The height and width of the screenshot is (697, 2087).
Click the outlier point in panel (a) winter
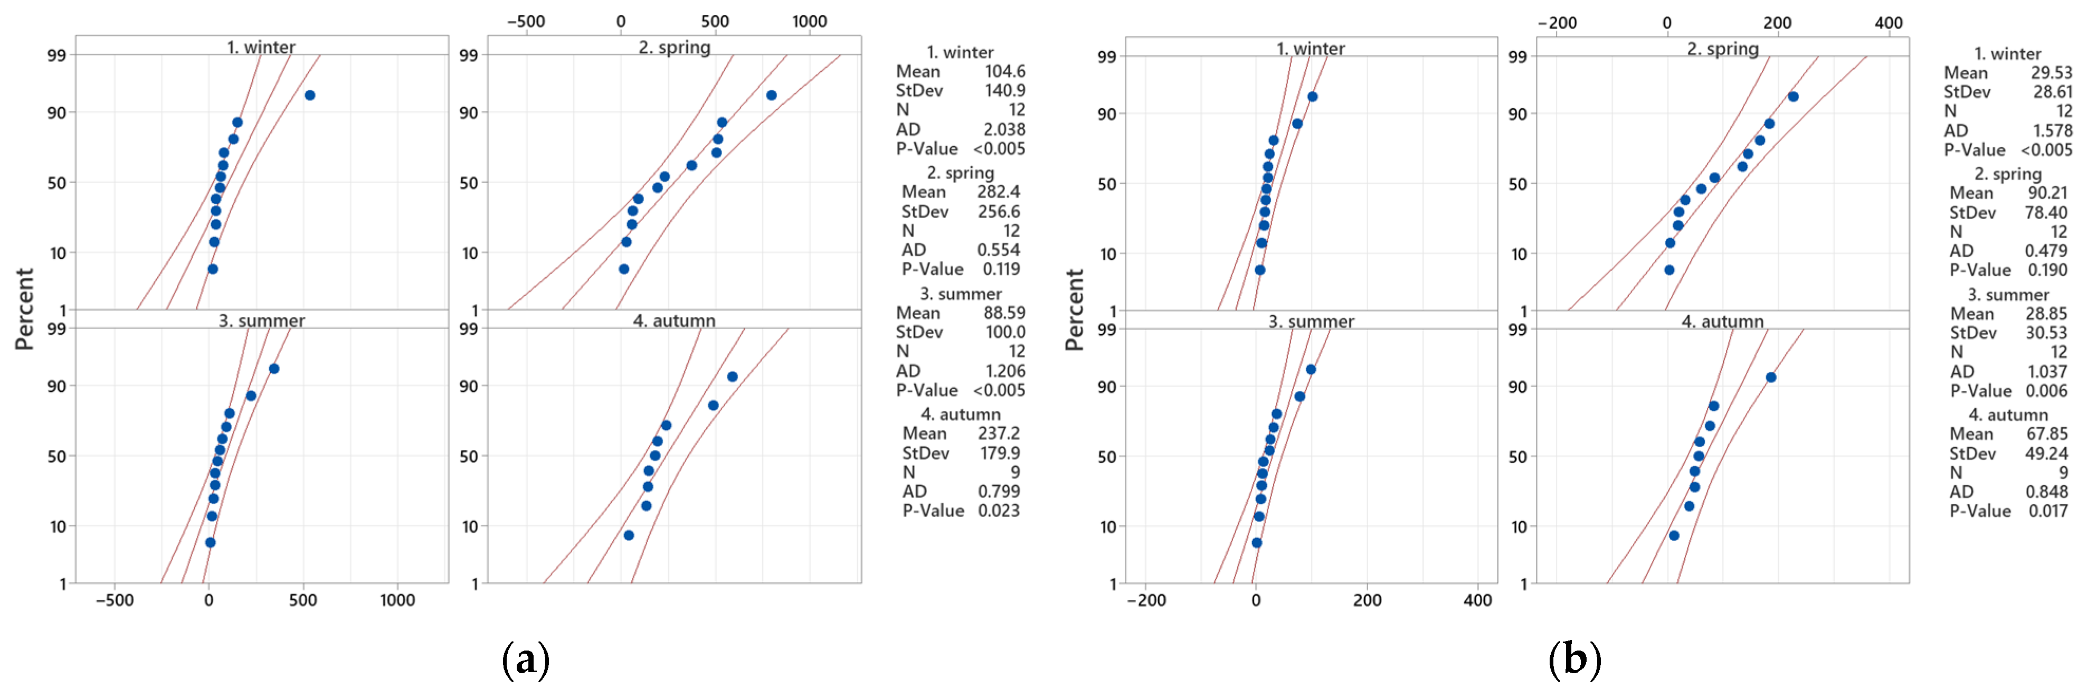coord(309,96)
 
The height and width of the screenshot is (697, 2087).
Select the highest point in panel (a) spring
coord(771,96)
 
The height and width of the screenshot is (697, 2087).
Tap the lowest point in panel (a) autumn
coord(629,535)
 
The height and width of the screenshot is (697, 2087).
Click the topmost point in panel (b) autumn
coord(1771,377)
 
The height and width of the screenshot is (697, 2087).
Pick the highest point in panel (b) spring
coord(1793,97)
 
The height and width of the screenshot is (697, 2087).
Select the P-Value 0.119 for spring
coord(1001,269)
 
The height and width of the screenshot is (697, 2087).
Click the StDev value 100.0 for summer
coord(1004,332)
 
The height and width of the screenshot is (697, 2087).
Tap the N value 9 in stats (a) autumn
coord(1015,472)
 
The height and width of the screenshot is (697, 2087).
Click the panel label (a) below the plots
coord(526,659)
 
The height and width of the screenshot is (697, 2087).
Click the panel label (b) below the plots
coord(1573,659)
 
